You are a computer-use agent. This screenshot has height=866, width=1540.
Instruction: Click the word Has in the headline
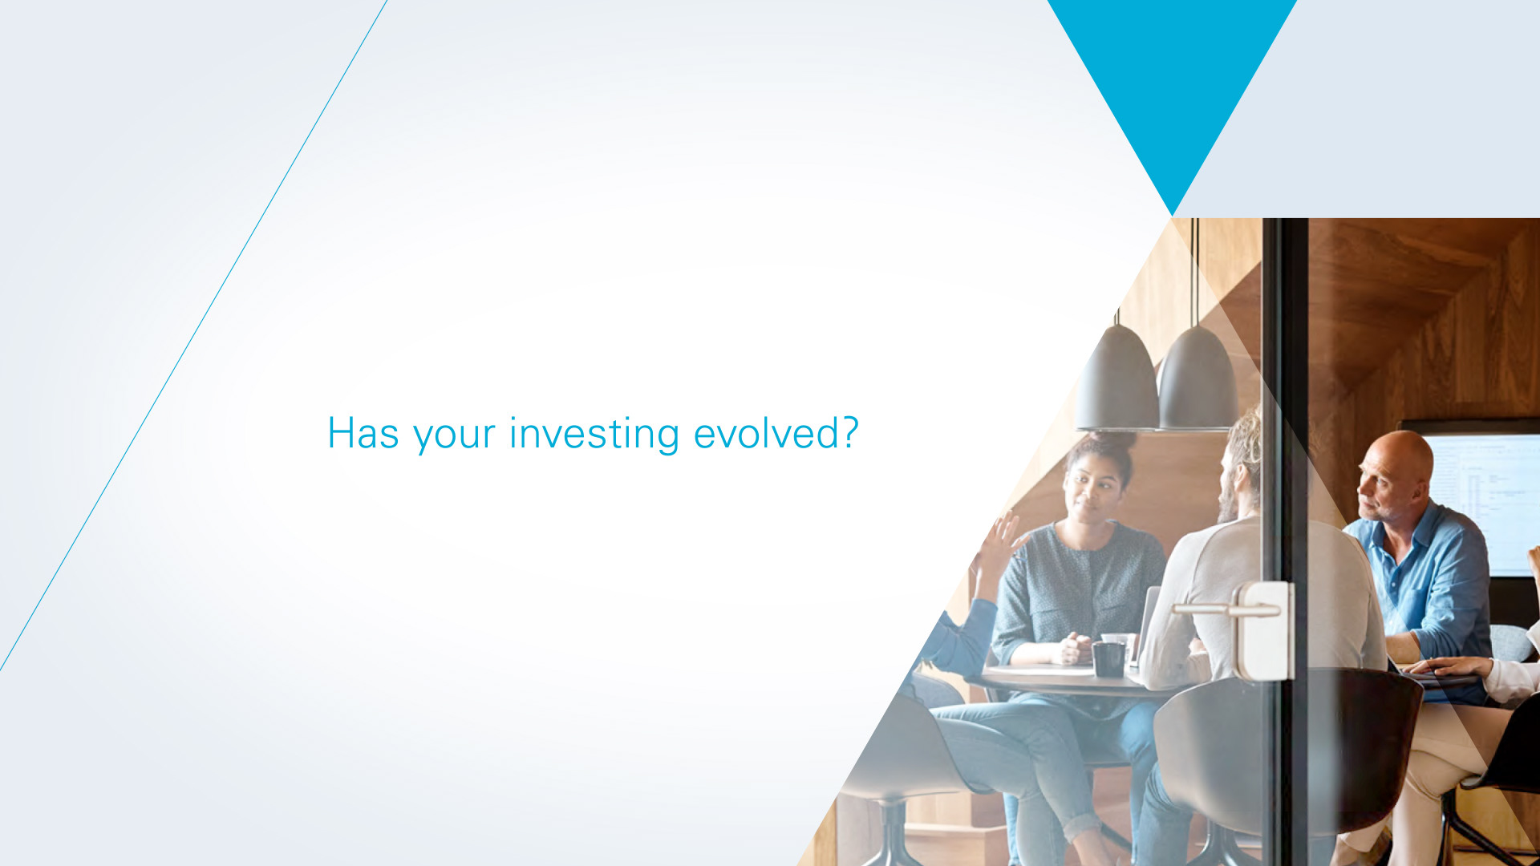363,433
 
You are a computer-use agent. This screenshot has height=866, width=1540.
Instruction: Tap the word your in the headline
454,437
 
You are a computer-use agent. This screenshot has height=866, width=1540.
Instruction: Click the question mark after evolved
850,432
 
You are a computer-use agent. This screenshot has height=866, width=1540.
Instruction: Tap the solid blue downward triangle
1172,88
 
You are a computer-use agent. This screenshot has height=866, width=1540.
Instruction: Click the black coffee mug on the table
1108,658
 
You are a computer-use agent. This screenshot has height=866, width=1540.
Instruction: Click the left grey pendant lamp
1117,377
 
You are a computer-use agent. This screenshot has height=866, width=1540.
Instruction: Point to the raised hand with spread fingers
999,545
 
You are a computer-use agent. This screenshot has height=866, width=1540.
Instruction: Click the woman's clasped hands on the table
1072,649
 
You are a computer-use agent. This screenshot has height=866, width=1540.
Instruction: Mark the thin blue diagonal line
193,335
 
